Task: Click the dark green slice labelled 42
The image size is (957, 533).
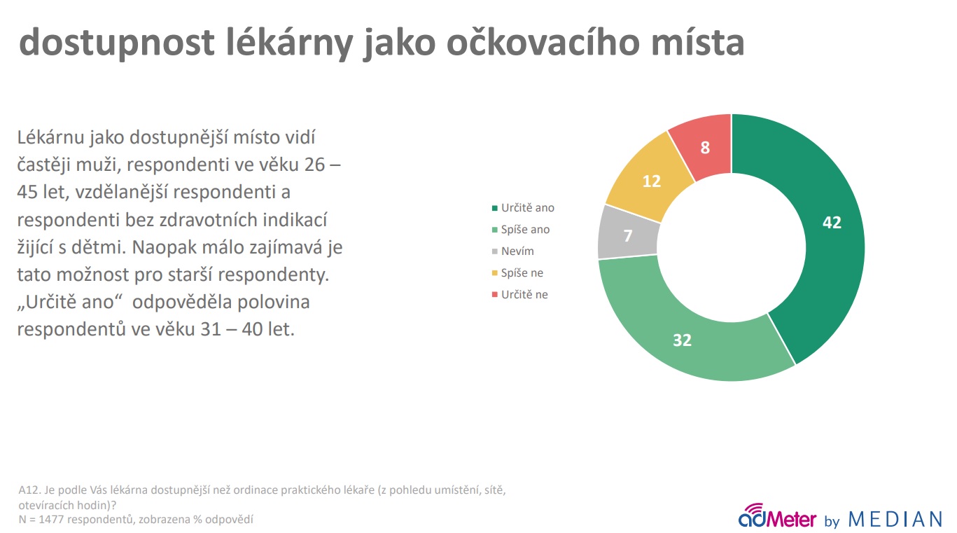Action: point(832,222)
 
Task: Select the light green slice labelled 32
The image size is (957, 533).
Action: point(683,340)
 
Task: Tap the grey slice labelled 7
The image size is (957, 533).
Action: point(627,235)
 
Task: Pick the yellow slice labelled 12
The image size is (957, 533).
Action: point(652,181)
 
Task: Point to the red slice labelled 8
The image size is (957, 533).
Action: point(705,148)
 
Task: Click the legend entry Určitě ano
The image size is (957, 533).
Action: point(523,208)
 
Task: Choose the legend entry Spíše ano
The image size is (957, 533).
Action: point(521,230)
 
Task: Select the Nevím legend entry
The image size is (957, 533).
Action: point(512,251)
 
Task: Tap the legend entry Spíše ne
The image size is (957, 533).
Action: point(517,273)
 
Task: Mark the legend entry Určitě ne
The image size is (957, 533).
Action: point(519,294)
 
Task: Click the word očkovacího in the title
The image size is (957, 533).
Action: point(543,42)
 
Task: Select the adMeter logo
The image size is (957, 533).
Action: point(776,516)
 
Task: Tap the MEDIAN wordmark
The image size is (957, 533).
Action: point(895,520)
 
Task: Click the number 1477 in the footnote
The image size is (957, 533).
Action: point(51,520)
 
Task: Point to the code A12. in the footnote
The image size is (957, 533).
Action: point(29,490)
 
